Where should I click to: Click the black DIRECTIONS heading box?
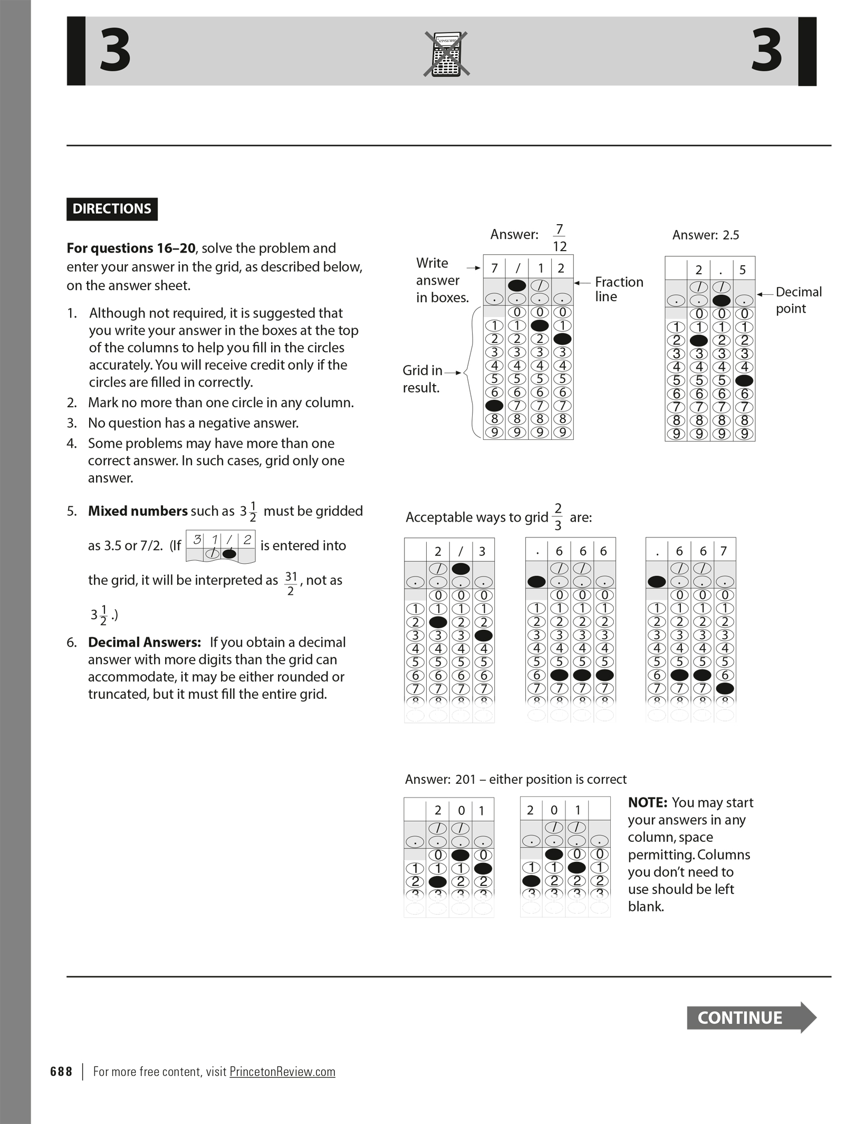(x=112, y=209)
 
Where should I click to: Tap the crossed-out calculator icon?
(x=446, y=54)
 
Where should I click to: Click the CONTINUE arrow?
(x=751, y=1017)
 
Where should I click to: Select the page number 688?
(x=61, y=1071)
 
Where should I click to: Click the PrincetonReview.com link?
(x=282, y=1071)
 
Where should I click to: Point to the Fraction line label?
(x=619, y=289)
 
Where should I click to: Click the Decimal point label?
(x=798, y=300)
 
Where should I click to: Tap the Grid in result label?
(x=422, y=379)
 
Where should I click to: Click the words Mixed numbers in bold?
(x=138, y=511)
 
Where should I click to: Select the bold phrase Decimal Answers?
(x=145, y=642)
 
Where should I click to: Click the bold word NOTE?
(x=648, y=802)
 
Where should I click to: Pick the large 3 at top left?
(x=115, y=51)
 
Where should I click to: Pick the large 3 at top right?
(x=766, y=51)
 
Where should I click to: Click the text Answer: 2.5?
(x=705, y=235)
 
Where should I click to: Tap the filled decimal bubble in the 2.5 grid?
(x=721, y=301)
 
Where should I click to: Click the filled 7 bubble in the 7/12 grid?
(x=494, y=406)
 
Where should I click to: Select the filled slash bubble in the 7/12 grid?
(x=517, y=285)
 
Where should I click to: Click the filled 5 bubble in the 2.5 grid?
(x=744, y=380)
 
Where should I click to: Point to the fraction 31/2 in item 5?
(x=291, y=583)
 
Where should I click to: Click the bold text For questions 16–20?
(x=131, y=248)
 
